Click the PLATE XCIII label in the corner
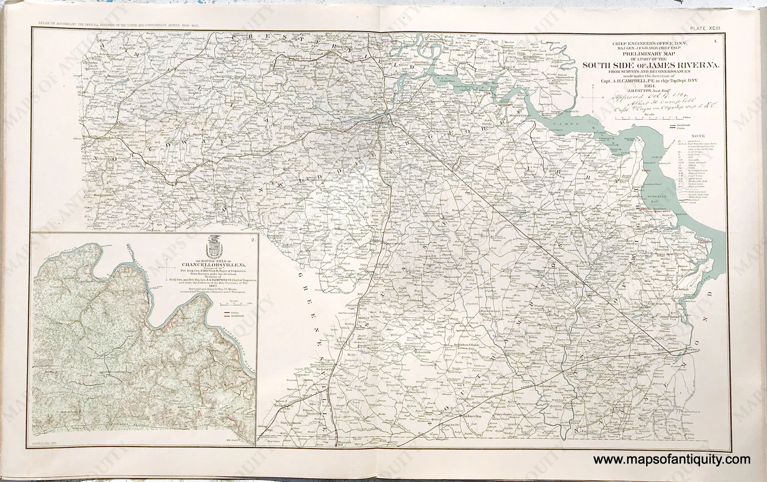(708, 28)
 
